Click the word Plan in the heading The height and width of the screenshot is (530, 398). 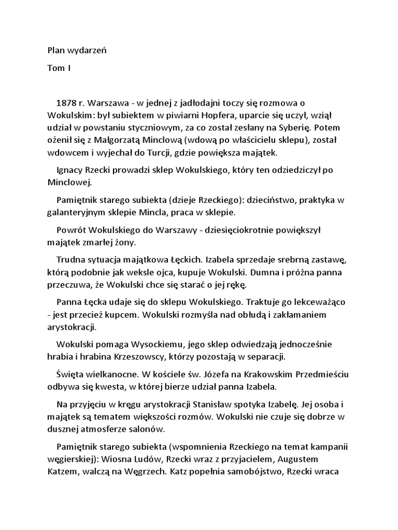coord(55,50)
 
